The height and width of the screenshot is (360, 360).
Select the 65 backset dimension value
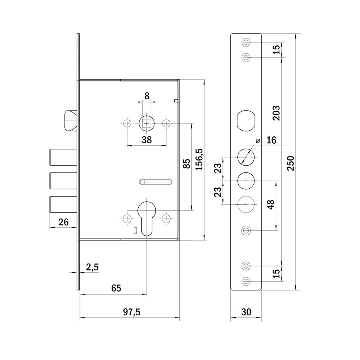point(116,288)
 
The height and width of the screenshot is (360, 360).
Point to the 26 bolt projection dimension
point(63,222)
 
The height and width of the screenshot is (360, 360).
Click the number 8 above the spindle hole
point(147,96)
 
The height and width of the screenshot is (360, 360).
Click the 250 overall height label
point(291,163)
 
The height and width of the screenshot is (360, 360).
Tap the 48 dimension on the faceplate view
point(271,204)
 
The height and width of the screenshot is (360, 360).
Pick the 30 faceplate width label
point(246,312)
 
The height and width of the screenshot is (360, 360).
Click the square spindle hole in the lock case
point(147,123)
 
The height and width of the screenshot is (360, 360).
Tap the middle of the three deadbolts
point(63,181)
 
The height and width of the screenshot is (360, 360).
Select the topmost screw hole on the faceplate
point(246,42)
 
